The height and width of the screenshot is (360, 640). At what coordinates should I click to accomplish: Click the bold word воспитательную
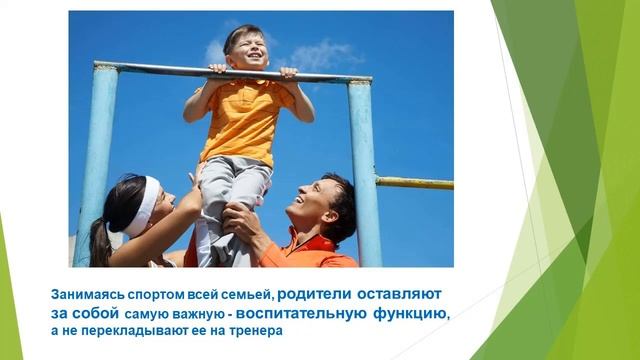pos(316,313)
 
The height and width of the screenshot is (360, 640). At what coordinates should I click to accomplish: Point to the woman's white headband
pos(148,205)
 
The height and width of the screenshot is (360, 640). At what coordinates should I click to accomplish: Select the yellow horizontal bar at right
pos(414,183)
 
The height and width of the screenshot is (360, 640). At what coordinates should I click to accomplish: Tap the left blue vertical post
pos(98,160)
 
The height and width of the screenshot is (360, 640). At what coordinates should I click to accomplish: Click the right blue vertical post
pos(364,170)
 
